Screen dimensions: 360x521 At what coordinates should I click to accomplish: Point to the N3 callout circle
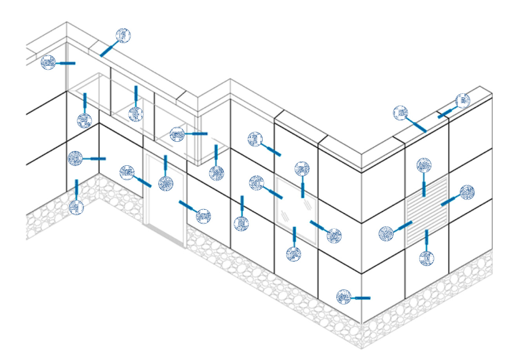pos(127,172)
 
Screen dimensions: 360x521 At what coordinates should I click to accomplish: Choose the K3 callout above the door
pos(166,183)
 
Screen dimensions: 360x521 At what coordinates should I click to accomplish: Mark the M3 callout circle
pos(204,216)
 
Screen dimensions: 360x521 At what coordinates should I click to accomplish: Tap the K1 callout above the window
pos(302,169)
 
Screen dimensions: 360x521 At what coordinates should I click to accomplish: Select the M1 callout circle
pos(334,235)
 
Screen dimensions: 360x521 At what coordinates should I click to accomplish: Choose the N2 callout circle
pos(386,234)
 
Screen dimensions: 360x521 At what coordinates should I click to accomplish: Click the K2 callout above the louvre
pos(424,165)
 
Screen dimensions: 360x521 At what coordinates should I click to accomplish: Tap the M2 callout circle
pos(467,192)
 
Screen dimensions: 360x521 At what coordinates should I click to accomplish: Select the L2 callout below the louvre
pos(427,259)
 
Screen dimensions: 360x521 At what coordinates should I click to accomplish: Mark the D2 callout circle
pos(401,113)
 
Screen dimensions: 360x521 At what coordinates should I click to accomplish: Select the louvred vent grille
pos(427,210)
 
